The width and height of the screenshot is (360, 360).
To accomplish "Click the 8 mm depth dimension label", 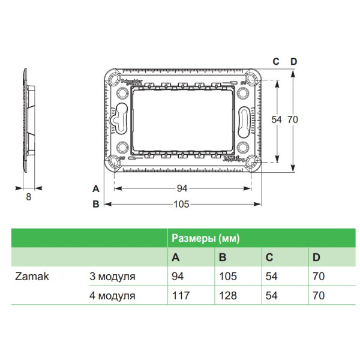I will [x=28, y=196].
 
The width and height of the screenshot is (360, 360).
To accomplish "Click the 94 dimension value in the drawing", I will [x=182, y=188].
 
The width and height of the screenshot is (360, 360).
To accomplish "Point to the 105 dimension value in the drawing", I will [x=182, y=204].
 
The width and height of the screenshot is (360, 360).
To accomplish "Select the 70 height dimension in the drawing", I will [x=292, y=119].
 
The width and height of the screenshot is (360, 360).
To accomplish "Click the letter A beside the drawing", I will [x=95, y=188].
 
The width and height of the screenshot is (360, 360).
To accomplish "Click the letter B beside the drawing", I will [x=95, y=204].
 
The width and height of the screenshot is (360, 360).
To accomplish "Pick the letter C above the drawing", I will [x=276, y=62].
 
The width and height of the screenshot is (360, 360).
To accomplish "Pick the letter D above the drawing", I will [x=293, y=62].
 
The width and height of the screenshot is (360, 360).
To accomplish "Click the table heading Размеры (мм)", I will [x=206, y=238].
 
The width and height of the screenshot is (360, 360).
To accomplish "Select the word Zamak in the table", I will [x=28, y=277].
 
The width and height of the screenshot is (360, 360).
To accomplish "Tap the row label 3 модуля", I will [x=112, y=277].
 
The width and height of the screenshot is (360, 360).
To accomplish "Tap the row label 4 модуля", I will [x=112, y=295].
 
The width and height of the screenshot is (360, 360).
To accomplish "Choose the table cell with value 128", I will [x=229, y=295].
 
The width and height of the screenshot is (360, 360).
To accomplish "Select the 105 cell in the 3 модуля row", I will [x=229, y=277].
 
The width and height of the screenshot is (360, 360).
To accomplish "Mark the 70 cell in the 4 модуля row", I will [x=319, y=295].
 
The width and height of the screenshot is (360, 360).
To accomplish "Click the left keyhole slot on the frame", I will [x=119, y=118].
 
